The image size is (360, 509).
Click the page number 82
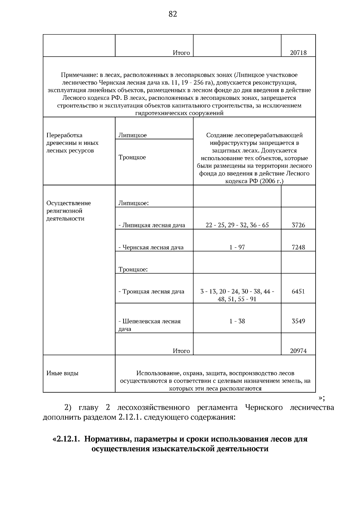tap(173, 14)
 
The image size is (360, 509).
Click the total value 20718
tap(298, 53)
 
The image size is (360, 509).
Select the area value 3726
tap(298, 225)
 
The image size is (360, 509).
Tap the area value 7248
tap(298, 247)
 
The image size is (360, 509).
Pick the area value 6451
tap(298, 292)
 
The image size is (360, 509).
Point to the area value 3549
tap(298, 321)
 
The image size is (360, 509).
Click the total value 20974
tap(298, 351)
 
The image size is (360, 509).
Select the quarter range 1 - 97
tap(237, 247)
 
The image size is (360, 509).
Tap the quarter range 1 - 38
tap(237, 321)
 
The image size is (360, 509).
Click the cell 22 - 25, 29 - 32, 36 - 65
tap(237, 225)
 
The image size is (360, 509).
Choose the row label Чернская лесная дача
tap(153, 248)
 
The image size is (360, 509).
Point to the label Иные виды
tap(62, 373)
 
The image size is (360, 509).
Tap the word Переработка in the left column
tap(64, 135)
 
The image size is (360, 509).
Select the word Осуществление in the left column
tap(68, 203)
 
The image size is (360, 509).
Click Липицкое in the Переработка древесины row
tap(133, 135)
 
